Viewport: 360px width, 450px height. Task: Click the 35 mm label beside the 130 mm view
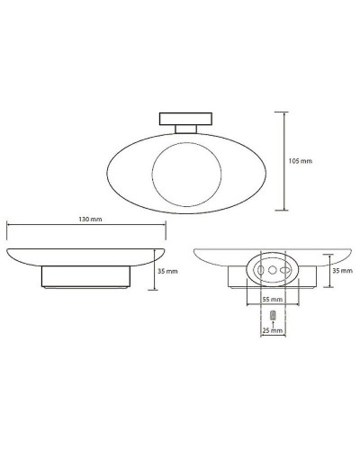coord(167,271)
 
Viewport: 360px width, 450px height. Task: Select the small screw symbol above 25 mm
coord(271,314)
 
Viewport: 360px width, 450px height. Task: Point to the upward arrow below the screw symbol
coord(271,323)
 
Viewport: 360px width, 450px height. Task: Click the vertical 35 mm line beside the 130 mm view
coord(156,270)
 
